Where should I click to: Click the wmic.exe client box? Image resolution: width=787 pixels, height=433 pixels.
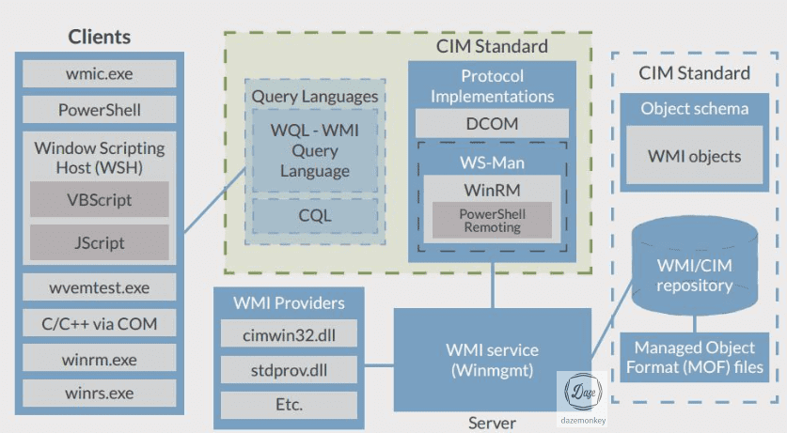99,73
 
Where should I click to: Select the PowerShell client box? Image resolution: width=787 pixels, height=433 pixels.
99,110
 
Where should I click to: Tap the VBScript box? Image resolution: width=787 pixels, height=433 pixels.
99,200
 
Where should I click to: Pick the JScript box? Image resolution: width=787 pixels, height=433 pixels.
99,242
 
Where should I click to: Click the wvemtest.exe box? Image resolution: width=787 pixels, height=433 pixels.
99,287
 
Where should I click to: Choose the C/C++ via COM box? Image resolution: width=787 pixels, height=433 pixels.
99,324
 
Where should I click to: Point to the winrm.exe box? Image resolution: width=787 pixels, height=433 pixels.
99,359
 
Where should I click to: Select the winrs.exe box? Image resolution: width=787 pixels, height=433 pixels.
99,394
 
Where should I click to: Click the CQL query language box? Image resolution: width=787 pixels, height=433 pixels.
315,215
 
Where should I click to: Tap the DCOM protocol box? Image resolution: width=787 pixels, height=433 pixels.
492,123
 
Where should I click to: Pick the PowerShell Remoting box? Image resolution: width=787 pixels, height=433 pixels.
492,221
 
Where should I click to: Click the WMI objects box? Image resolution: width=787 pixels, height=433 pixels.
694,156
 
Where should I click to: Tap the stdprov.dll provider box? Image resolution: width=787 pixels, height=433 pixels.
288,368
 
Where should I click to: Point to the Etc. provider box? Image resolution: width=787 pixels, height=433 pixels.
288,404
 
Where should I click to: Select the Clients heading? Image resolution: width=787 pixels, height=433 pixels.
99,38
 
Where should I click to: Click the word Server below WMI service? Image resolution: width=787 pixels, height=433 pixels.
492,423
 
